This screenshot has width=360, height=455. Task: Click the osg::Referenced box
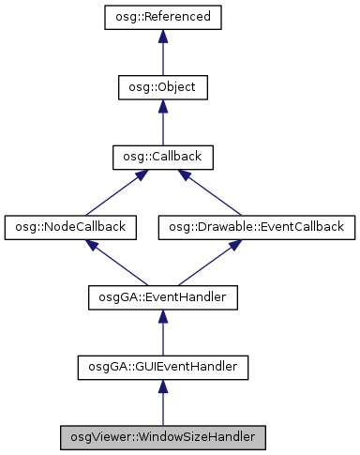coord(162,17)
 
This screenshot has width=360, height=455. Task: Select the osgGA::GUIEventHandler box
coord(162,367)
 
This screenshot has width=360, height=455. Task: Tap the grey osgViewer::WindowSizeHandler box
coord(162,436)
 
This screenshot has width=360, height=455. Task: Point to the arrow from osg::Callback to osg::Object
coord(162,124)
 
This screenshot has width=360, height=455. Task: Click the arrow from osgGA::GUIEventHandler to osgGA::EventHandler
coord(162,333)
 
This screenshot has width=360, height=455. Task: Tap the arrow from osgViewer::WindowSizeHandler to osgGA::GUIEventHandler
coord(162,403)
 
